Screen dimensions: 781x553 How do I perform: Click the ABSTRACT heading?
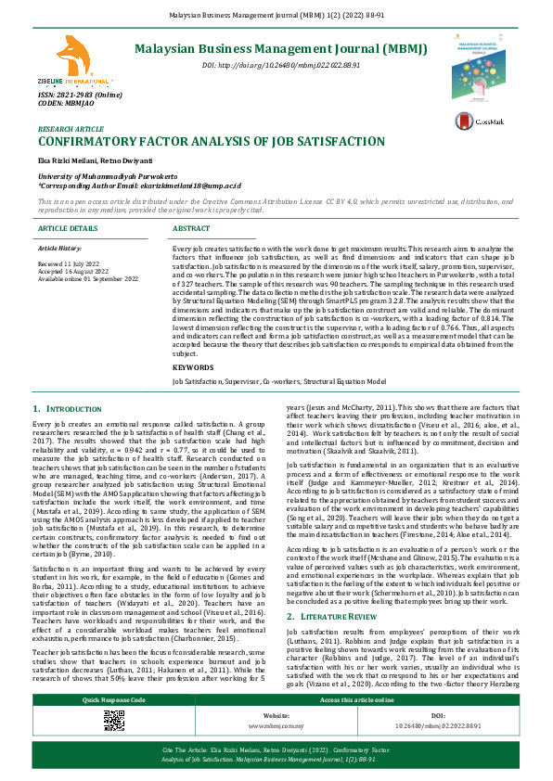(192, 227)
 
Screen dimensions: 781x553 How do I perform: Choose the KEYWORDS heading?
(192, 393)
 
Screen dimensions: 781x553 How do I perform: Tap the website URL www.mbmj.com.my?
(276, 727)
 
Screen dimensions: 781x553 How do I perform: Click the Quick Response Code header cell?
(114, 699)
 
